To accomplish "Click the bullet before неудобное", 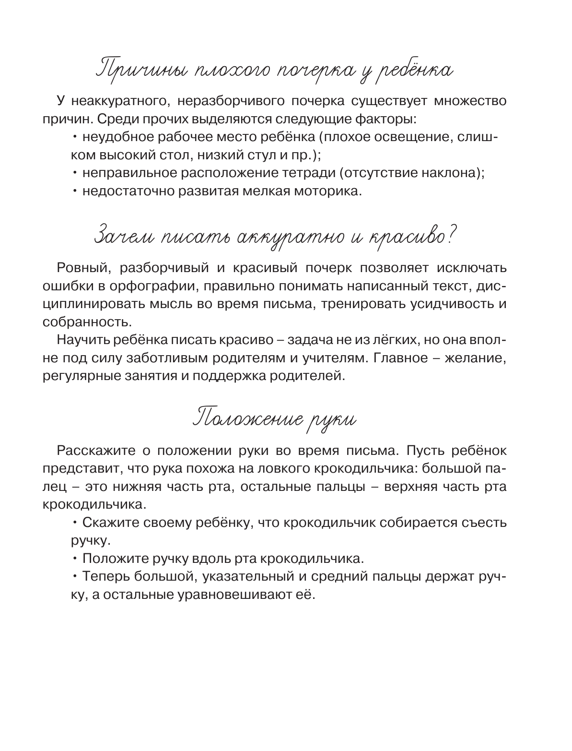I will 75,137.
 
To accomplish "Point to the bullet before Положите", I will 75,559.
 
